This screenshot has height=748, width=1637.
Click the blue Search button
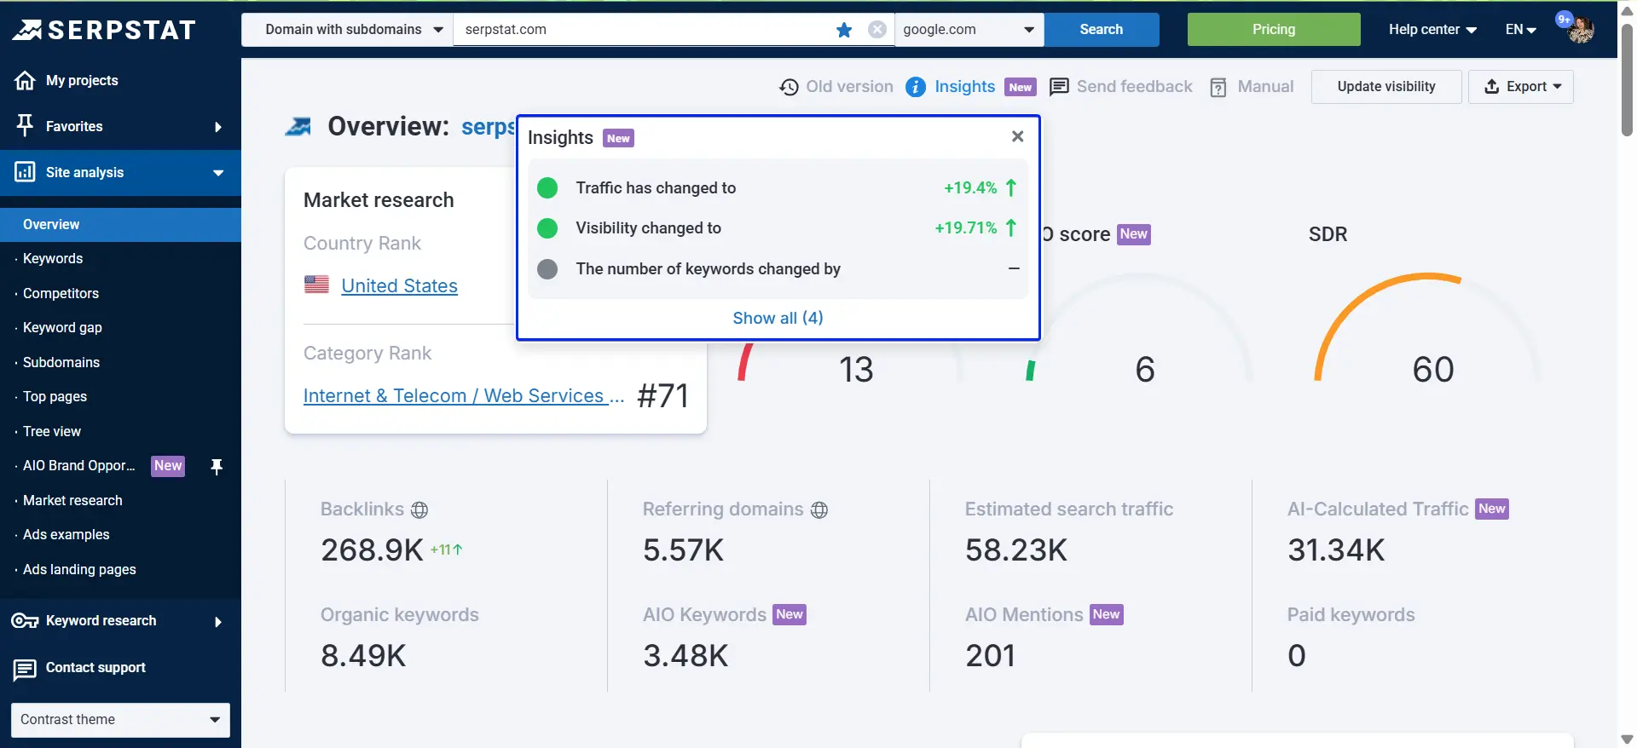point(1101,30)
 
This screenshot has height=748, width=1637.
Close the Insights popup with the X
point(1017,136)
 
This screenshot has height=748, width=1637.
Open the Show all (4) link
point(778,318)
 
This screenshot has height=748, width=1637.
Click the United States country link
point(399,286)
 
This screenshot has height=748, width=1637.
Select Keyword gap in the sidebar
point(62,328)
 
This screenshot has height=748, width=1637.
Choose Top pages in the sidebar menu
point(55,397)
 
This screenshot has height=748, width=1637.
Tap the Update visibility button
point(1385,87)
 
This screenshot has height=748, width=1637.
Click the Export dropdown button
point(1521,87)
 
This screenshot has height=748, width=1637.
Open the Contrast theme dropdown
point(120,720)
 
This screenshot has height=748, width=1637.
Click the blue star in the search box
point(844,30)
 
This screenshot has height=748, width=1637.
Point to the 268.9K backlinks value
point(372,550)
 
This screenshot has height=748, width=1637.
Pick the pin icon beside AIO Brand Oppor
point(217,467)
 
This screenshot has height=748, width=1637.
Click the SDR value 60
point(1432,370)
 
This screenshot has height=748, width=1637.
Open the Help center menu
point(1432,30)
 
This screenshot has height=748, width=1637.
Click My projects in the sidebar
point(82,81)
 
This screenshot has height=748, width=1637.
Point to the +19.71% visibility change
point(966,228)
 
